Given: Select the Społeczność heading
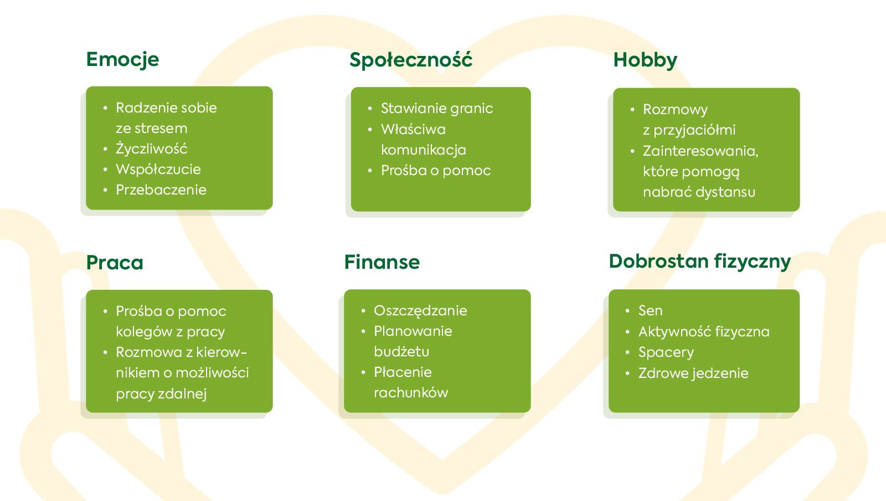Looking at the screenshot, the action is tap(411, 60).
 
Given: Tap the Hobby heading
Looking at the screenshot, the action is tap(645, 60).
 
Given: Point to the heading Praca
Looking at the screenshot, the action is tap(115, 262).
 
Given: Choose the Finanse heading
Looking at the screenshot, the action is tap(382, 262).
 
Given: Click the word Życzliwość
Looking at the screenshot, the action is tap(152, 149).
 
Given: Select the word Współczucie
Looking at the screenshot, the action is tap(158, 170).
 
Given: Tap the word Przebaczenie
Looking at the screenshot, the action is tap(161, 190).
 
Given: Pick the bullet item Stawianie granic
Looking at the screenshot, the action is tap(437, 109).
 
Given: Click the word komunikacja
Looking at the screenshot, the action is tap(424, 150).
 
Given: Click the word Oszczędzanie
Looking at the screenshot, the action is tap(420, 311).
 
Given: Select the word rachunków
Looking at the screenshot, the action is tap(411, 392).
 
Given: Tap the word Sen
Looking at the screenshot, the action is tap(650, 311).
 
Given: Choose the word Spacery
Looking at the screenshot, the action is tap(666, 352).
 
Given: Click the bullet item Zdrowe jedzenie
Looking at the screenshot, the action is tap(693, 373).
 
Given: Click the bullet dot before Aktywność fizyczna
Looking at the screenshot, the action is tap(627, 331).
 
